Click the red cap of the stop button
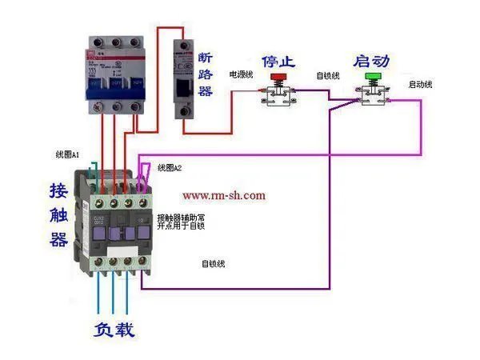point(278,78)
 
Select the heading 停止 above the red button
point(279,62)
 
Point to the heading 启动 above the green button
point(372,62)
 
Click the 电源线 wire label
point(242,74)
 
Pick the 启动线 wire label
point(420,84)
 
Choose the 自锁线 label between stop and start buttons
point(328,76)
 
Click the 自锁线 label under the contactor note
point(213,264)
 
